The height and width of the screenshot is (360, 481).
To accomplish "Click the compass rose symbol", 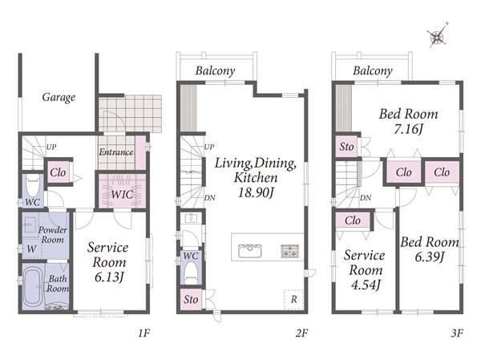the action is point(438,36).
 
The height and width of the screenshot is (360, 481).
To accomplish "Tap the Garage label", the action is point(59,97).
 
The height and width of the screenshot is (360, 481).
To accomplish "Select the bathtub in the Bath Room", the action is point(33,287).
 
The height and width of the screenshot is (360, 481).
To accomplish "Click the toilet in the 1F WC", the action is point(33,184).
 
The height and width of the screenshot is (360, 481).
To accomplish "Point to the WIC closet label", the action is point(122,194).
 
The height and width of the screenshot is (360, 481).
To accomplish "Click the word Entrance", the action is point(116,152).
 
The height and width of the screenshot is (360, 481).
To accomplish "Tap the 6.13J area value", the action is point(109,277).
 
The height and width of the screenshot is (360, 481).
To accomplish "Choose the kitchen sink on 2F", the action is point(250,251).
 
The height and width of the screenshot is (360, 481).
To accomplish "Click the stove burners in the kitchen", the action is point(290,251).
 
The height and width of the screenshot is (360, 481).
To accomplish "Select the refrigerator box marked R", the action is point(293,299).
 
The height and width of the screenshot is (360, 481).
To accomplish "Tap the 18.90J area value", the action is point(256,192).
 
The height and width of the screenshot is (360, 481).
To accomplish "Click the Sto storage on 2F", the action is point(191,299).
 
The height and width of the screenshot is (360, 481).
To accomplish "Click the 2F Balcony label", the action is point(216,71).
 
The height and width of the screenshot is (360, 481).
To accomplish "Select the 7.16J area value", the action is point(408,129).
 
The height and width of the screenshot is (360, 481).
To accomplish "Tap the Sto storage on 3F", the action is point(346,147).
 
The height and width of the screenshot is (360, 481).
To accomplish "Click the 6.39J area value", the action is point(430,257).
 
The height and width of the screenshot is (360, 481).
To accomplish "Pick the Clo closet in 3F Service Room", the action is point(353,220).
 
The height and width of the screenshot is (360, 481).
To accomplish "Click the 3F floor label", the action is point(457,333).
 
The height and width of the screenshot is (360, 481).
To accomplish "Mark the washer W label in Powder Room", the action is point(31,249).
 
